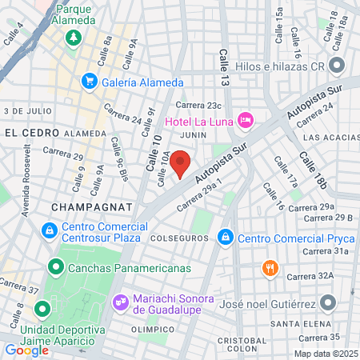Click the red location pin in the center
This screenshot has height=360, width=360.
[181, 165]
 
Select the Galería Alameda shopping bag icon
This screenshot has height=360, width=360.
[90, 81]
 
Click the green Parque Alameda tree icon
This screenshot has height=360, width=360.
[73, 37]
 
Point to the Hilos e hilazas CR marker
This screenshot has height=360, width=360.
[337, 66]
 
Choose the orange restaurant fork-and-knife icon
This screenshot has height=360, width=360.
[272, 270]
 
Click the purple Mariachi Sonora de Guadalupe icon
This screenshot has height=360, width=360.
[121, 302]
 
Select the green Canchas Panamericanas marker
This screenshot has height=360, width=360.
[56, 267]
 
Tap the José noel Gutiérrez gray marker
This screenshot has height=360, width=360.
[328, 302]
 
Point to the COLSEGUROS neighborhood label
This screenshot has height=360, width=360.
[180, 238]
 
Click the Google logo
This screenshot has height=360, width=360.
[26, 350]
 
